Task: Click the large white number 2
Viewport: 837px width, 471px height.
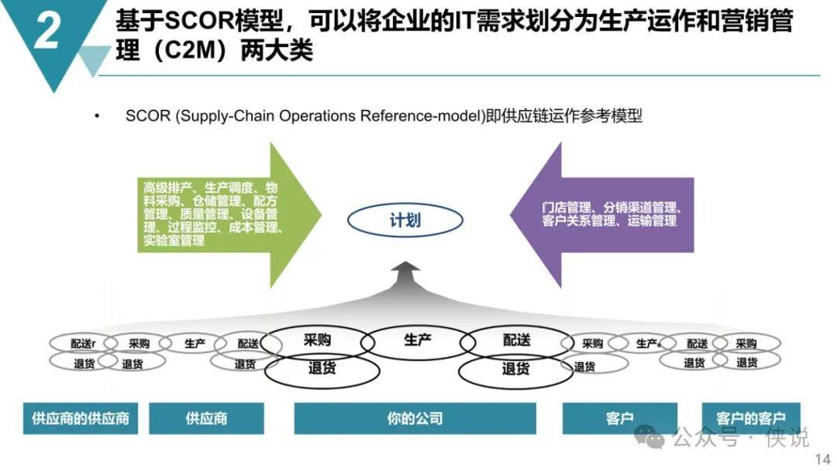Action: pyautogui.click(x=47, y=33)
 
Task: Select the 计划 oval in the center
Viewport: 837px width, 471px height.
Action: pyautogui.click(x=405, y=221)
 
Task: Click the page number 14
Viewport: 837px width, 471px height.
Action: pyautogui.click(x=821, y=460)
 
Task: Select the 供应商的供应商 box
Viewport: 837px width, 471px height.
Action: pyautogui.click(x=81, y=418)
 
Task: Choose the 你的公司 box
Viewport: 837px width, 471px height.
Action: pyautogui.click(x=415, y=418)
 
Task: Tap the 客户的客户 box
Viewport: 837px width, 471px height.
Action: pyautogui.click(x=750, y=418)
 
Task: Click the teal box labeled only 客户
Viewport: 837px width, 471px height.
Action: pyautogui.click(x=619, y=418)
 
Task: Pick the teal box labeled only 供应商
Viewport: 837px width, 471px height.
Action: pyautogui.click(x=206, y=418)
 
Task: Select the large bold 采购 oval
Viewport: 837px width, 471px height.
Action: pyautogui.click(x=318, y=341)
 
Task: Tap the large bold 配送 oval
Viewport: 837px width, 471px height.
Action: pyautogui.click(x=516, y=341)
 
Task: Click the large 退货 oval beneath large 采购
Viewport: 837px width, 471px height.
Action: pyautogui.click(x=322, y=370)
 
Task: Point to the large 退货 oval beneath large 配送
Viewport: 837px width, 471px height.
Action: pyautogui.click(x=515, y=370)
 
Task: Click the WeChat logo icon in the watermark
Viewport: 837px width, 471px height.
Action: pyautogui.click(x=649, y=437)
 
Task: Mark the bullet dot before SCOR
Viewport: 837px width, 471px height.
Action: pyautogui.click(x=97, y=117)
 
